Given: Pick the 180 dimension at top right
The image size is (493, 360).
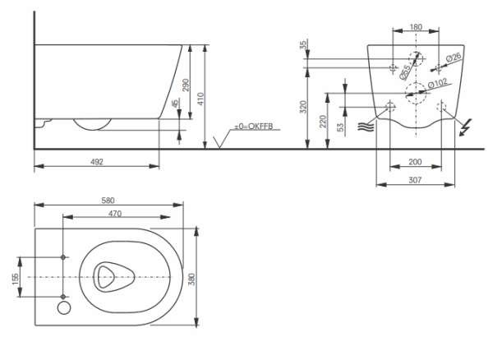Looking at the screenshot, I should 417,27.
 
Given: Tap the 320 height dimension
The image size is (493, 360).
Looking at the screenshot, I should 303,107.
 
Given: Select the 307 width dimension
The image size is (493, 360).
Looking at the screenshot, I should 417,179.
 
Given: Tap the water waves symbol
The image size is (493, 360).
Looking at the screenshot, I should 365,127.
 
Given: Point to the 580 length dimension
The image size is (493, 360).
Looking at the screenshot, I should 108,199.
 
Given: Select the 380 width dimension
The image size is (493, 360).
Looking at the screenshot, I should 193,278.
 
